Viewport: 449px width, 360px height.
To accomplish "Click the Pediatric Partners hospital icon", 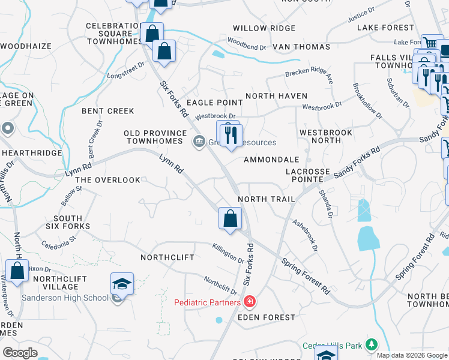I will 249,302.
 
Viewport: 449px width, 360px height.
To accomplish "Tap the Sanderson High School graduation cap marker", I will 122,284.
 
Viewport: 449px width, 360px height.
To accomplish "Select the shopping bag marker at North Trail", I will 230,218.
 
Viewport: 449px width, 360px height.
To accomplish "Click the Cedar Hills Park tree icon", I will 372,345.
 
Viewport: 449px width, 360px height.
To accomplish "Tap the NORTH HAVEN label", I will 276,96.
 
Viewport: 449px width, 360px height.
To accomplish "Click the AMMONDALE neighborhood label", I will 271,160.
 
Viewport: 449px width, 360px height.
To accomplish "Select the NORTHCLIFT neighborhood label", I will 167,257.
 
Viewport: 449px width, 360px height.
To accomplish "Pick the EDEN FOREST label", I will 267,317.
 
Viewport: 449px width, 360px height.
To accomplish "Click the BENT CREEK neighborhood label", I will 108,111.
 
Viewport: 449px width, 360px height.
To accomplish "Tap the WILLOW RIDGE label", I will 264,28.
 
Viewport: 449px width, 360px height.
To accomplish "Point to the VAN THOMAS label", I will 301,47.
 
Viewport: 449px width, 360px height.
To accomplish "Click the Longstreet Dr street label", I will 126,71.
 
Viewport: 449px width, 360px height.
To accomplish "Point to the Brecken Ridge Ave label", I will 309,75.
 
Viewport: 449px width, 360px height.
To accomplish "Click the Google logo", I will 20,353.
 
